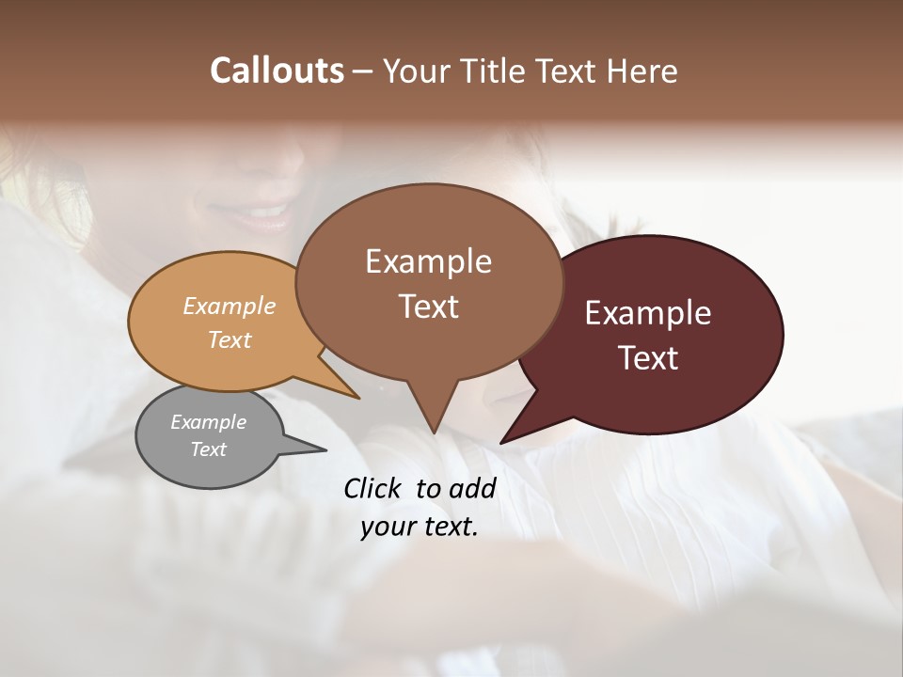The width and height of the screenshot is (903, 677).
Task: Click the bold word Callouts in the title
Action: coord(277,71)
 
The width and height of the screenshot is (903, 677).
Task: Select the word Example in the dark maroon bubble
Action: coord(648,313)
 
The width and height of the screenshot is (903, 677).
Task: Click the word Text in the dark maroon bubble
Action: coord(648,358)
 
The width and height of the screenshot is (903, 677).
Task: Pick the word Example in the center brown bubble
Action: coord(428,261)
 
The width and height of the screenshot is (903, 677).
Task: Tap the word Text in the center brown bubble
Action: coord(428,307)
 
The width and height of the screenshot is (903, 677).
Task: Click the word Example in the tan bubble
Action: coord(230,306)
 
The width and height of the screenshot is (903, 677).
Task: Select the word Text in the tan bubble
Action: coord(230,339)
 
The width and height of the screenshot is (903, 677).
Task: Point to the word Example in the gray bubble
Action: coord(209,422)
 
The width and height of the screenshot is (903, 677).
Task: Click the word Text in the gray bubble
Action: coord(209,449)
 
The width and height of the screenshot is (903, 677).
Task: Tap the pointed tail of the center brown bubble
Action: coord(433,428)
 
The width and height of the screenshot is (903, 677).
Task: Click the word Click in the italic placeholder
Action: coord(375,488)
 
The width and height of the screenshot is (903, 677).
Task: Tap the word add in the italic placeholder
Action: coord(472,488)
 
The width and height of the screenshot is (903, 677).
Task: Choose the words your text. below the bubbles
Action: coord(420,527)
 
